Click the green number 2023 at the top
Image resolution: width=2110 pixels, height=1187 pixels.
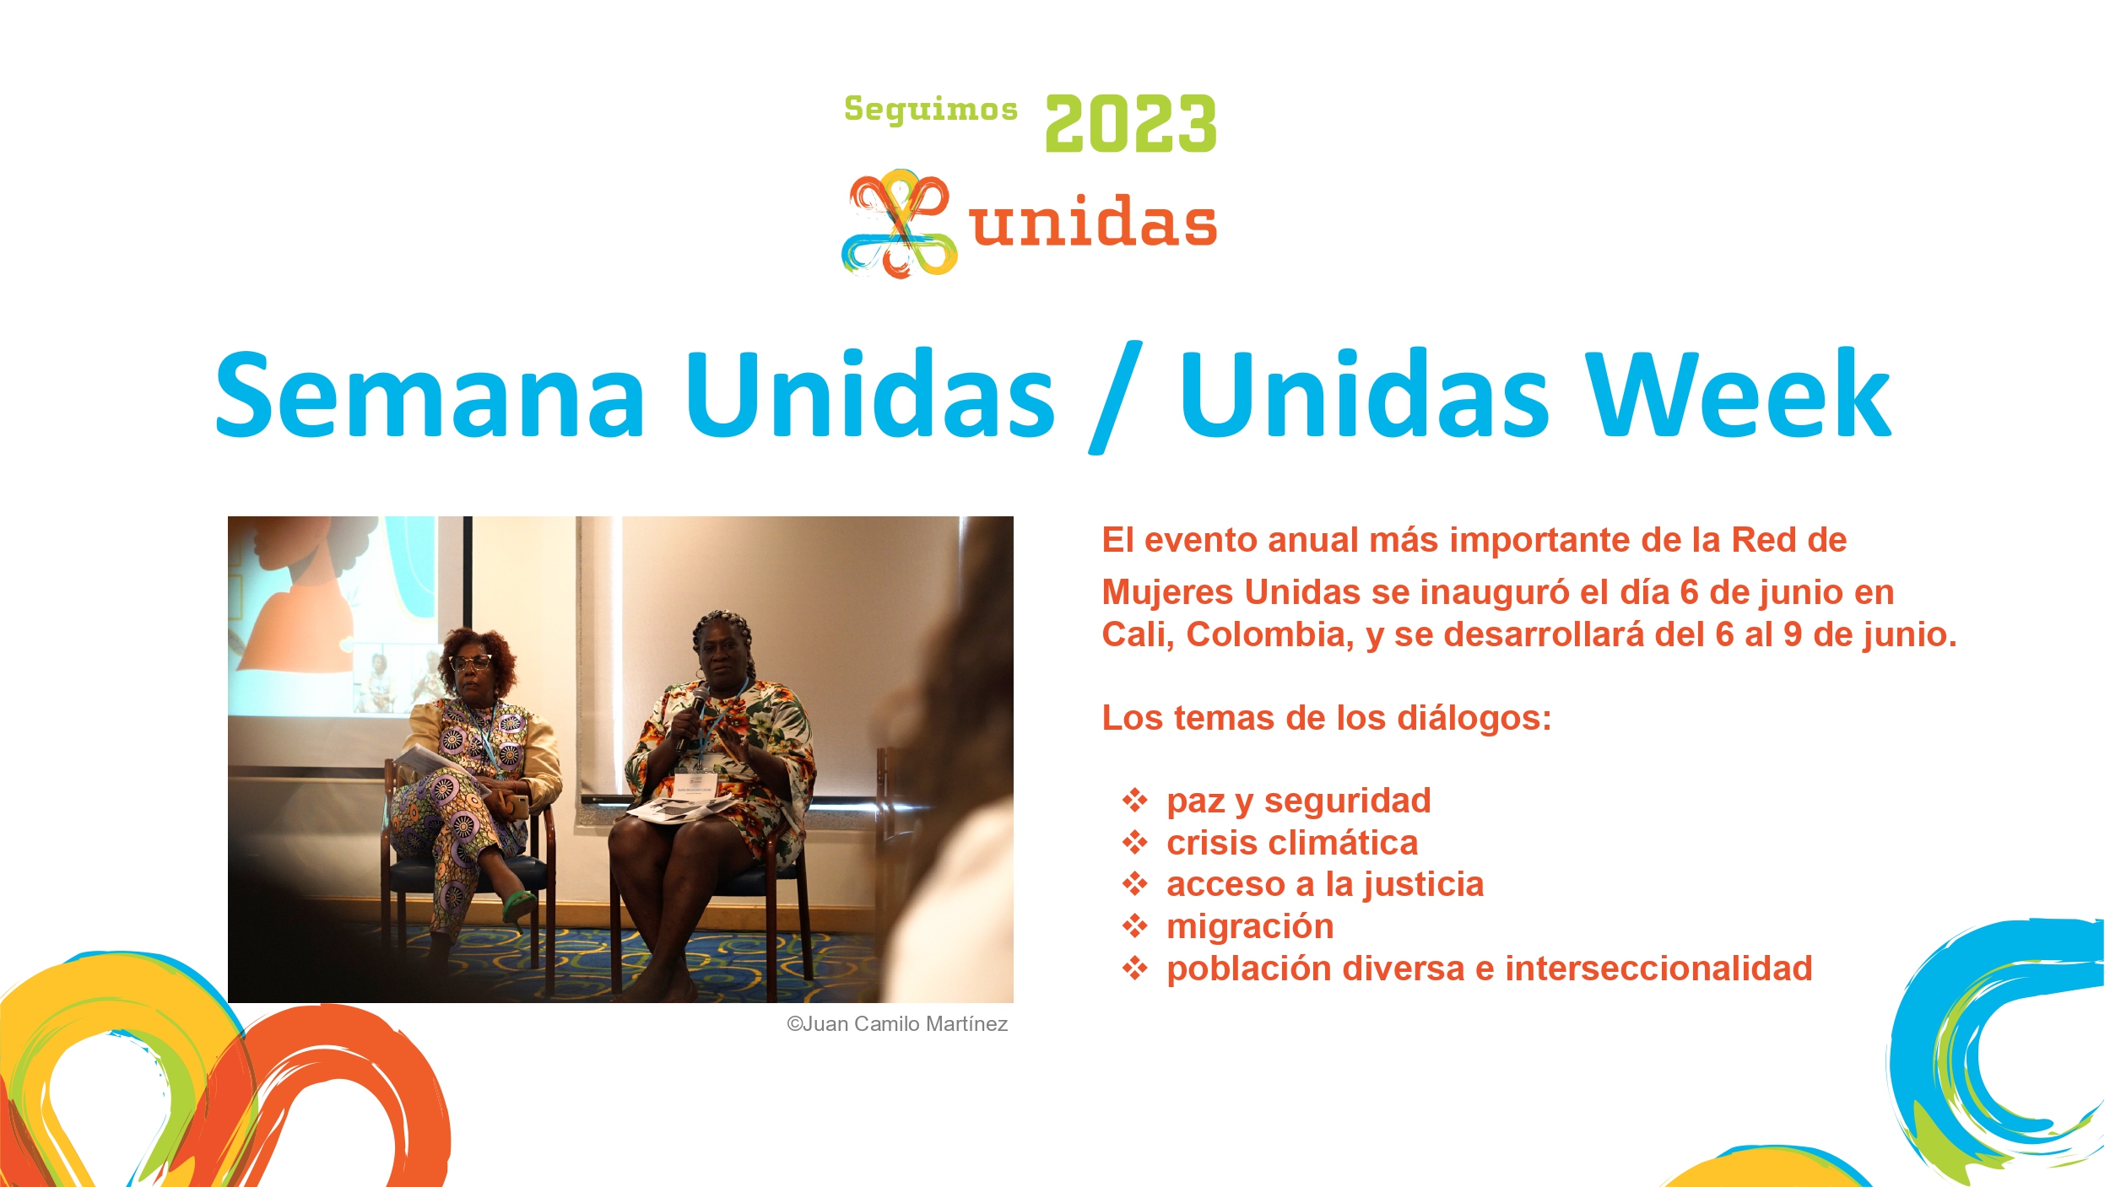tap(1131, 123)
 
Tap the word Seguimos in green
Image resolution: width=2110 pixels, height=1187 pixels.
tap(931, 110)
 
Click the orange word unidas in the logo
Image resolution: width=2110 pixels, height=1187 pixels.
tap(1093, 221)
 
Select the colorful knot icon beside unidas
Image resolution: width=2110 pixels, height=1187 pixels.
tap(900, 224)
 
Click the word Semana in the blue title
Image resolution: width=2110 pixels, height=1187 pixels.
tap(430, 395)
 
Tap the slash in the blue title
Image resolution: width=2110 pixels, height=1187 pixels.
tap(1116, 397)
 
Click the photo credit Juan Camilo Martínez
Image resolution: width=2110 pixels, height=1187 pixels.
tap(897, 1024)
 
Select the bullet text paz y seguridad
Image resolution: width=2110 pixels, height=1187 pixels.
tap(1299, 801)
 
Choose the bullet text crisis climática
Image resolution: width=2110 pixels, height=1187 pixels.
tap(1292, 843)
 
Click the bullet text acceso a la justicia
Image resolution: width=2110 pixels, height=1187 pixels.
tap(1325, 884)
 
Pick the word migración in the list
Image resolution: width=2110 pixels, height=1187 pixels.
tap(1250, 927)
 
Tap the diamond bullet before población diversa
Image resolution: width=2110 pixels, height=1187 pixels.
tap(1135, 968)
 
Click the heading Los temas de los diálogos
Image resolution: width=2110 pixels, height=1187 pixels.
tap(1327, 718)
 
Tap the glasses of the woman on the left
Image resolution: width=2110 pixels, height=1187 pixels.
tap(471, 662)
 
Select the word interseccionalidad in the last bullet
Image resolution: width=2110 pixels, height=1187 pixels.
tap(1658, 968)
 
